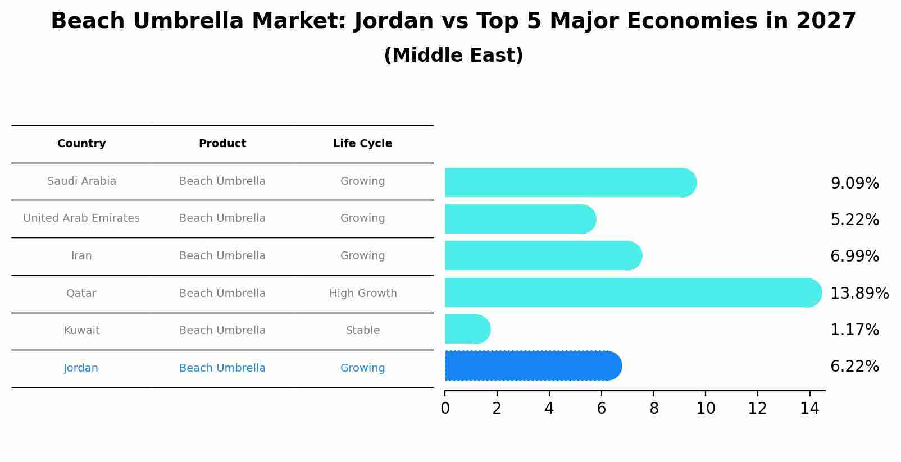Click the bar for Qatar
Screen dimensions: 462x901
(629, 292)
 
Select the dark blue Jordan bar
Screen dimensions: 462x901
(531, 366)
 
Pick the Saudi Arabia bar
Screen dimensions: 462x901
(567, 182)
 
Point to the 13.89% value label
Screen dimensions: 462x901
(859, 293)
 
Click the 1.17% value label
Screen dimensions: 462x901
(854, 330)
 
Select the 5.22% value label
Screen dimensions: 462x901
(854, 219)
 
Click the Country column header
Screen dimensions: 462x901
(81, 144)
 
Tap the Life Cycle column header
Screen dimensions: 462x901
(362, 144)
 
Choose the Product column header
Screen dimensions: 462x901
(222, 144)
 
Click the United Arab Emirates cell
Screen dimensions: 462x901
(81, 218)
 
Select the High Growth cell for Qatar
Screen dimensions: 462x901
(363, 293)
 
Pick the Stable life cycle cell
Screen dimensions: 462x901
(363, 331)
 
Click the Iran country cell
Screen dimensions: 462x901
(81, 256)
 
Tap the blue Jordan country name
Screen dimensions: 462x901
(81, 368)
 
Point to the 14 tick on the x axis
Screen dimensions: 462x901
(809, 409)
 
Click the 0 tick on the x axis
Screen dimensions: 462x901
(445, 409)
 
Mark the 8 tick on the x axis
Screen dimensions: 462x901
(653, 409)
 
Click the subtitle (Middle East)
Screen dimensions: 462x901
(453, 56)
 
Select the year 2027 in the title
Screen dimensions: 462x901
(826, 21)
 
